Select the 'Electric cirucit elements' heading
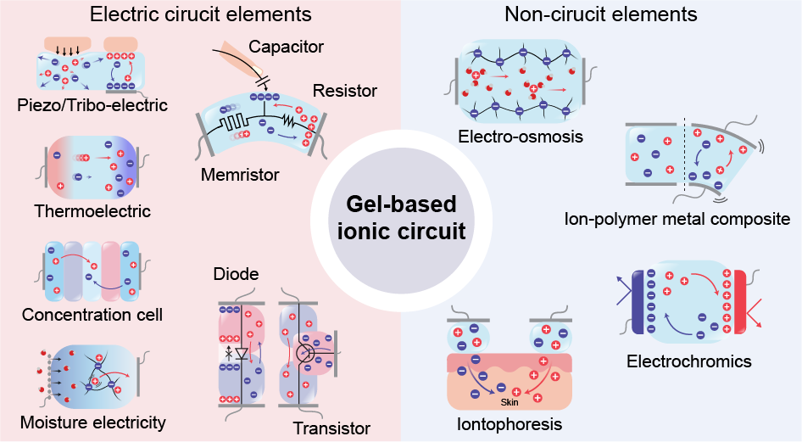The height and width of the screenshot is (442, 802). click(200, 14)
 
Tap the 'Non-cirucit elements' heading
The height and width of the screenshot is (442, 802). click(600, 14)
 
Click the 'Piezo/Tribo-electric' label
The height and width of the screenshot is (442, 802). click(92, 105)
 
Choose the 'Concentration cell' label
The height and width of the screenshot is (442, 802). click(92, 315)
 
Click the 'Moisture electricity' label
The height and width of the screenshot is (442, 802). click(92, 422)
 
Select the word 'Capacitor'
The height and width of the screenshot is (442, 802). click(287, 46)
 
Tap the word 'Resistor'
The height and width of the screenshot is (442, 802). click(345, 90)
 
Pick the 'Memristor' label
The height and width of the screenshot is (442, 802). click(240, 175)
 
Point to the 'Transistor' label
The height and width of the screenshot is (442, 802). click(331, 428)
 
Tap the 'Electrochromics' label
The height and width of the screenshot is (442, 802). click(689, 361)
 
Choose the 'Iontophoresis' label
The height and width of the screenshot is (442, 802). click(510, 423)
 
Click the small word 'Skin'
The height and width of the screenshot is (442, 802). click(510, 402)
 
